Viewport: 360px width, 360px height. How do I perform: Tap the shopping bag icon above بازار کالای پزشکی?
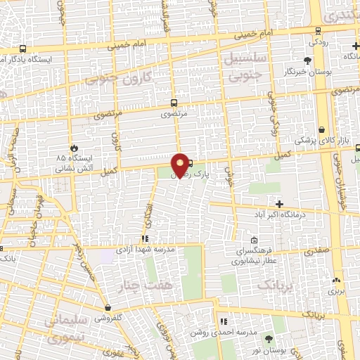(321, 130)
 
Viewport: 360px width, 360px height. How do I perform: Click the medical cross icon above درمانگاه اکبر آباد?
(279, 185)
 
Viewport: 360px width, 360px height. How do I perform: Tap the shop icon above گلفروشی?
(108, 307)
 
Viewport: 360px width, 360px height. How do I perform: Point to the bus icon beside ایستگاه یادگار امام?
(24, 49)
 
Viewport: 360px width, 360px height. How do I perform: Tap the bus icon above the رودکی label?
(319, 30)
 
